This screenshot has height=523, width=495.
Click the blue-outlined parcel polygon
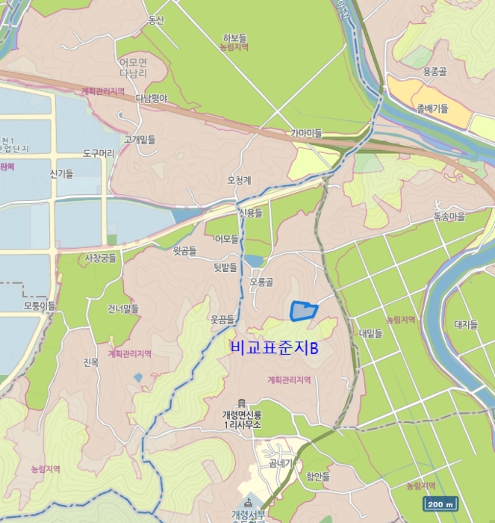(x=302, y=311)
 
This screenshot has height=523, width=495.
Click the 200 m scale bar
(x=441, y=504)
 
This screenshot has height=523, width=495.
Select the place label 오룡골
(x=262, y=282)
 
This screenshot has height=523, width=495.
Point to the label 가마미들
(x=306, y=133)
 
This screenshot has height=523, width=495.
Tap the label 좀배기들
(x=433, y=108)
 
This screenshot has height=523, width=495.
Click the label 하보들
(x=234, y=37)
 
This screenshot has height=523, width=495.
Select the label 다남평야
(x=152, y=98)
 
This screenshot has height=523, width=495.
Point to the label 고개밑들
(x=140, y=139)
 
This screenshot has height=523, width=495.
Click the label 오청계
(x=239, y=180)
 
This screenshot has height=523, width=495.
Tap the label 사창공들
(x=101, y=259)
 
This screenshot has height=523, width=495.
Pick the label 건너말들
(x=122, y=308)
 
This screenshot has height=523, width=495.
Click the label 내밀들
(x=370, y=333)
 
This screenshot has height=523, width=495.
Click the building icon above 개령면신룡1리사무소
(x=240, y=403)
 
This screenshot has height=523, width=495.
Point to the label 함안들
(x=317, y=476)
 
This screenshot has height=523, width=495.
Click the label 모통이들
(x=40, y=306)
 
